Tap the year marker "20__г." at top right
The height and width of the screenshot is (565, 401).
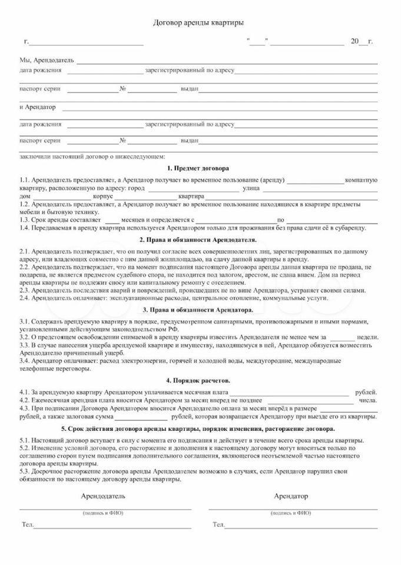(361, 41)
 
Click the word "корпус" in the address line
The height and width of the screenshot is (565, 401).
(103, 195)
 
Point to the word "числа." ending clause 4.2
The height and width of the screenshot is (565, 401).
(367, 400)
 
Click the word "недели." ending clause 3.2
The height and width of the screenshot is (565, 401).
(367, 337)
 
